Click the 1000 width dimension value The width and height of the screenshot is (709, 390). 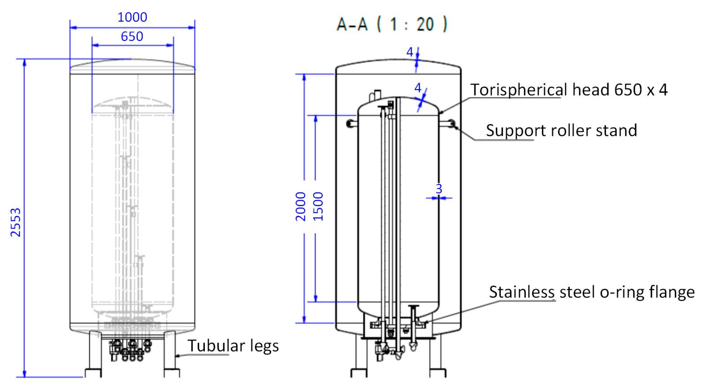[x=132, y=17]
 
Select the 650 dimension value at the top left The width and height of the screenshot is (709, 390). [x=132, y=37]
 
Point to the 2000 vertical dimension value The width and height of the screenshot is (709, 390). [x=301, y=206]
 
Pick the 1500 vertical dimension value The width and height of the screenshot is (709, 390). [x=318, y=206]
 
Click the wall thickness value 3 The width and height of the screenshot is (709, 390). [x=439, y=189]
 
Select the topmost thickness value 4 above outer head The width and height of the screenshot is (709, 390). [x=410, y=52]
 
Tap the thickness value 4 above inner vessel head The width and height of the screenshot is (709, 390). [x=418, y=88]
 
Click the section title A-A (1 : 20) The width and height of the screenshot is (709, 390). [x=392, y=24]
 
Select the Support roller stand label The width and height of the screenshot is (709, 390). [x=561, y=130]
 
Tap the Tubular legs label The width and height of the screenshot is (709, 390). [x=233, y=346]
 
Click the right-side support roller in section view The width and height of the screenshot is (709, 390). [x=451, y=123]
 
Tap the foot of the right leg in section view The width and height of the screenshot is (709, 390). [x=438, y=373]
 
